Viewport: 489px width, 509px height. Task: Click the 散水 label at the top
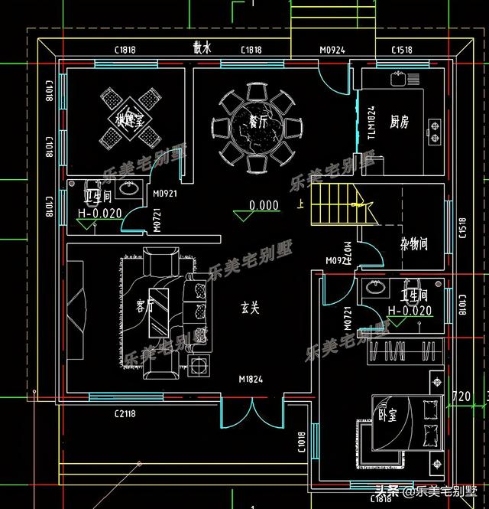point(202,48)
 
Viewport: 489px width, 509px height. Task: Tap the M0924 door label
point(331,51)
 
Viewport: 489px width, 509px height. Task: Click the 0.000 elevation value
point(264,205)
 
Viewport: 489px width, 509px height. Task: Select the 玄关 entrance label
point(251,308)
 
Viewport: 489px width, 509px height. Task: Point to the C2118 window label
point(125,414)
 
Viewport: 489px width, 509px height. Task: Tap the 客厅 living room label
point(145,307)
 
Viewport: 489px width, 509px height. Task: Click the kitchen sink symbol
point(398,77)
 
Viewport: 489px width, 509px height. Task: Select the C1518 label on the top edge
point(402,51)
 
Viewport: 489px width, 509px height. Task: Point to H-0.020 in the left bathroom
point(100,214)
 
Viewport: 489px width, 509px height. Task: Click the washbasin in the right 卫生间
point(374,289)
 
